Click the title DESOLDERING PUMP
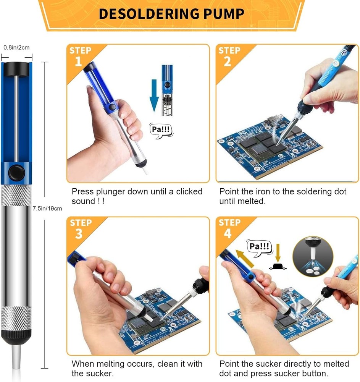171,13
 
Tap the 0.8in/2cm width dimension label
16,48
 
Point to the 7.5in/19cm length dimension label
47,209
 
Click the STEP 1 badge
80,56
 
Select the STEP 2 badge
229,56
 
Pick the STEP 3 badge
80,228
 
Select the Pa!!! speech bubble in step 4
259,246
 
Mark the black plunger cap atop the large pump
16,69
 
